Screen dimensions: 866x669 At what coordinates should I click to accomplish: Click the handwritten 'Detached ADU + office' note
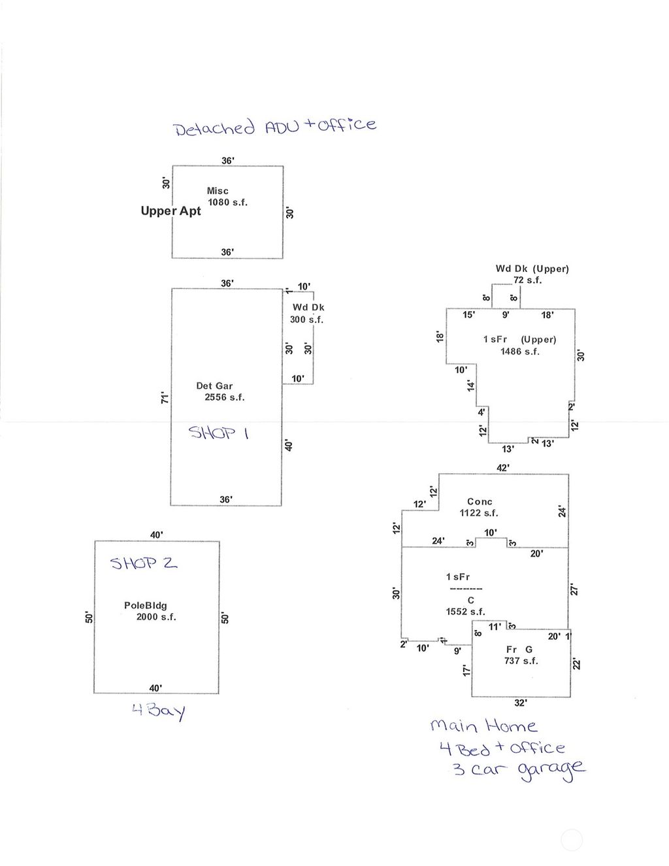pos(275,125)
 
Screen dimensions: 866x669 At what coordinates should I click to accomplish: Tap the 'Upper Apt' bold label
pos(171,211)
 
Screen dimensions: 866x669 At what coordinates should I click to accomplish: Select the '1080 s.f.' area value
pos(227,203)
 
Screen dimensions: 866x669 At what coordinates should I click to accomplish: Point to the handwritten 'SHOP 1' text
pos(218,432)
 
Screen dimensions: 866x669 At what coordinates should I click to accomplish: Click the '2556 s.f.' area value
pos(224,397)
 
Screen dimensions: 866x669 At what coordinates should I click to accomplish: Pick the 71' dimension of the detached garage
pos(165,397)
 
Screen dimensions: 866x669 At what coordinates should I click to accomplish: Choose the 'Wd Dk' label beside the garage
pos(308,307)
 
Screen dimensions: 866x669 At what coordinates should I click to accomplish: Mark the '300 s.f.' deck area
pos(306,320)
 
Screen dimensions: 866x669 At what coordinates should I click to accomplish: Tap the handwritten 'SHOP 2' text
pos(144,563)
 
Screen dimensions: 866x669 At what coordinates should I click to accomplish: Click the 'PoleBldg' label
pos(145,606)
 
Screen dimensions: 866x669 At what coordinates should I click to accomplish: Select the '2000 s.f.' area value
pos(156,617)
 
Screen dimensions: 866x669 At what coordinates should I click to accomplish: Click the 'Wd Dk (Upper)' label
pos(532,269)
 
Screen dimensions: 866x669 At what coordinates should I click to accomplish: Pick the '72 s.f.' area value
pos(527,280)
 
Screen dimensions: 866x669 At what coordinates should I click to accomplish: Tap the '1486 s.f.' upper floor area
pos(520,352)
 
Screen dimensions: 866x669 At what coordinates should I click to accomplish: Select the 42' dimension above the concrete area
pos(503,468)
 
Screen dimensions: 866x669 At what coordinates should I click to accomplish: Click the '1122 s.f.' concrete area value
pos(479,513)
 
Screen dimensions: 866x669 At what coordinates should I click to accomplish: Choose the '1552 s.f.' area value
pos(465,612)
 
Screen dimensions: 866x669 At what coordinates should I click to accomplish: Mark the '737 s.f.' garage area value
pos(520,661)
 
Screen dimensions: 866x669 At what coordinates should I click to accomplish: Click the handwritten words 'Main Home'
pos(483,726)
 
